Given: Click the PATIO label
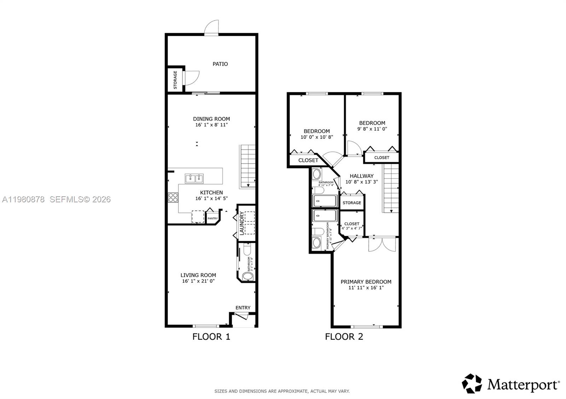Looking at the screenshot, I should tap(220, 64).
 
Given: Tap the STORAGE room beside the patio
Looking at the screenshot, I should tap(175, 80).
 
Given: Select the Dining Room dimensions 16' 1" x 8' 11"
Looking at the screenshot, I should tap(211, 125).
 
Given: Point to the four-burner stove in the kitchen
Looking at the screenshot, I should tap(173, 197).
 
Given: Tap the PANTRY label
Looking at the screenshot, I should tap(213, 219).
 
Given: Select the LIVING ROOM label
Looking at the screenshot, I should tap(198, 275).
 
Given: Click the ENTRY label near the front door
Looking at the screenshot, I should tap(243, 308).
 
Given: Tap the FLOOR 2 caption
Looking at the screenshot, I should tap(344, 337).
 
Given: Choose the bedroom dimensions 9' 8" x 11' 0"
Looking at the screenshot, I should tap(372, 129).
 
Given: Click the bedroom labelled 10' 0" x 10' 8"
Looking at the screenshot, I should tap(317, 134).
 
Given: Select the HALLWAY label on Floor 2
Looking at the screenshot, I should tap(362, 176).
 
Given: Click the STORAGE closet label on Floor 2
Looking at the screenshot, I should tap(352, 203).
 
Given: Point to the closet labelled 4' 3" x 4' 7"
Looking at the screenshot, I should tap(352, 226).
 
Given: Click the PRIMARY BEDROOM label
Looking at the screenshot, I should tap(366, 282).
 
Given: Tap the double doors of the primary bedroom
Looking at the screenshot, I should tap(381, 244).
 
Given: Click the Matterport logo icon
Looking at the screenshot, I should tap(472, 383).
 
